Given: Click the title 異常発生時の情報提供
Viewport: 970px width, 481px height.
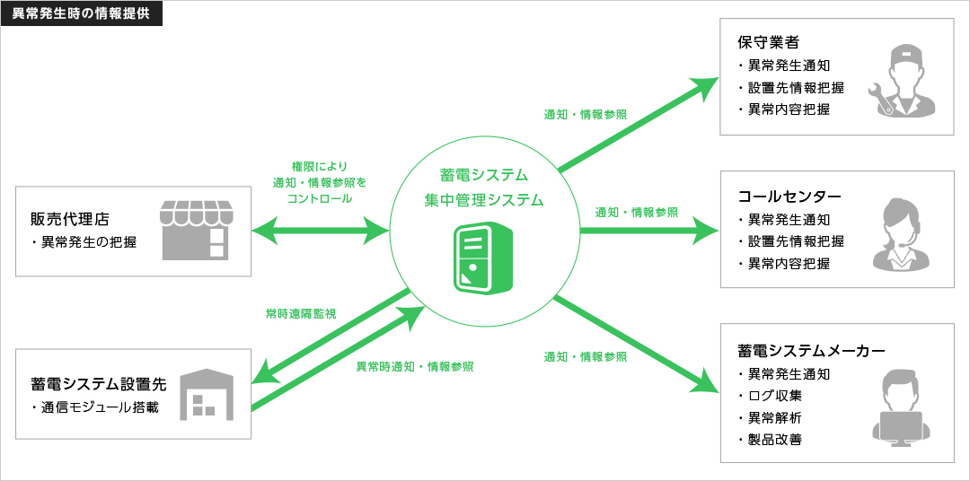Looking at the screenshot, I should (x=81, y=13).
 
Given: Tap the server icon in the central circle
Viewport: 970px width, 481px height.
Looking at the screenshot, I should (x=484, y=258).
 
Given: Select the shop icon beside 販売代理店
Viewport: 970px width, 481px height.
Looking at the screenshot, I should (x=196, y=230).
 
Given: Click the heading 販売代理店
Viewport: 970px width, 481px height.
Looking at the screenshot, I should (x=70, y=219).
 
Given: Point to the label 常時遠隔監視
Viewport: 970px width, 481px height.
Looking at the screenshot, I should (x=301, y=313).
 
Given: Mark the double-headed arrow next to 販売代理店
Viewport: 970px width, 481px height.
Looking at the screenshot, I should (x=321, y=232).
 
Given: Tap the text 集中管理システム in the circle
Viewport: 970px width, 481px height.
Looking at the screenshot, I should (x=484, y=200).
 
